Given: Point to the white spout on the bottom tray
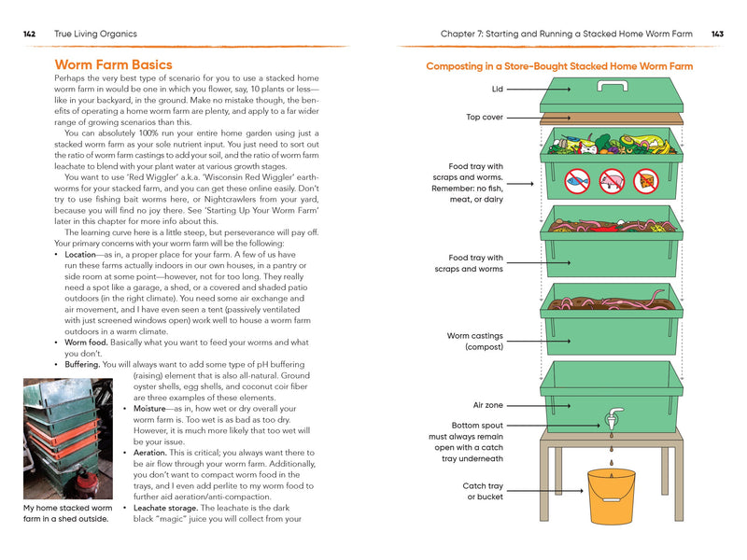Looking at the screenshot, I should click(612, 419).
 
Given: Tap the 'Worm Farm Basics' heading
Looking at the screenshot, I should click(114, 64).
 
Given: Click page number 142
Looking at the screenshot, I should click(30, 34).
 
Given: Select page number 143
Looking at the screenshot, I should click(717, 34).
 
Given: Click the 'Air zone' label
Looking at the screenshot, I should click(487, 405).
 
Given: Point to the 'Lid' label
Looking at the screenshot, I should click(497, 89).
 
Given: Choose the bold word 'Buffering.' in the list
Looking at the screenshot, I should click(79, 365).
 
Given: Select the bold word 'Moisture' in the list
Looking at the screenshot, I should click(152, 408).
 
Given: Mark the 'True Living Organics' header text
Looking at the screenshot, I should click(95, 34).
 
